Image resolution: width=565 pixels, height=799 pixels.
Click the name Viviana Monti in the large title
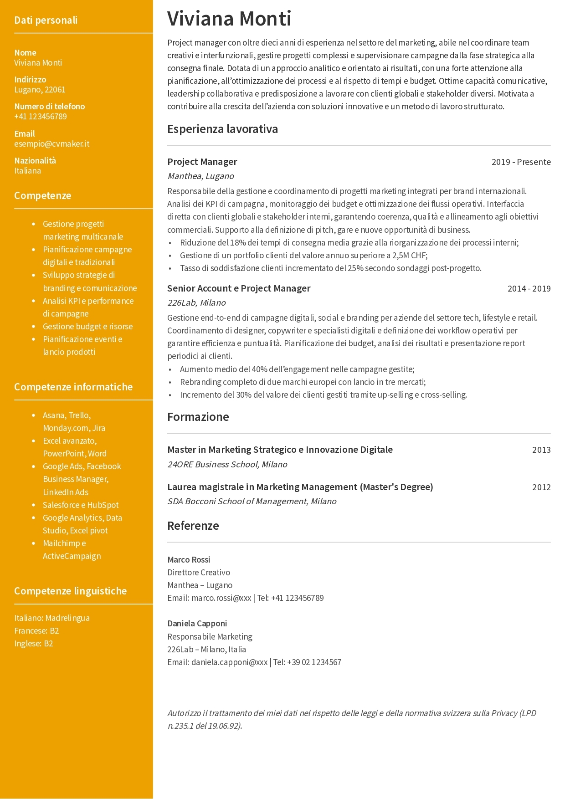click(229, 19)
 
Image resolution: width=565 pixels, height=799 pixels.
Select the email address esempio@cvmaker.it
click(51, 144)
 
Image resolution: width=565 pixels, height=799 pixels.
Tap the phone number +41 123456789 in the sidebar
click(41, 117)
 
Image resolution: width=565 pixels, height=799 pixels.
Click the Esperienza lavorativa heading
click(222, 129)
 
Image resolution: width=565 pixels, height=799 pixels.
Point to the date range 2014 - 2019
click(529, 289)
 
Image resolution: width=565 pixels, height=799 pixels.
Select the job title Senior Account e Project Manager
click(239, 288)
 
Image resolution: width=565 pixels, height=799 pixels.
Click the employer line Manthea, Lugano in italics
click(200, 176)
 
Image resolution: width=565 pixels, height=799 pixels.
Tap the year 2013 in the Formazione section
click(541, 450)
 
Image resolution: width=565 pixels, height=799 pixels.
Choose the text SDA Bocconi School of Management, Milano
click(252, 502)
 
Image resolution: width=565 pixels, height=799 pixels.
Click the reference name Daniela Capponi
click(197, 624)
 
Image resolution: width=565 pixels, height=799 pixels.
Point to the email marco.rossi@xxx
click(221, 598)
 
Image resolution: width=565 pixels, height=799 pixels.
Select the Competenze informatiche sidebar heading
click(73, 387)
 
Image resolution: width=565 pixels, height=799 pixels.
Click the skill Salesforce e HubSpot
click(81, 505)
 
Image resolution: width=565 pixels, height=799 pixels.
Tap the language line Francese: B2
click(36, 631)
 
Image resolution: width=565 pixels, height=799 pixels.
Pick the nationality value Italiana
click(27, 171)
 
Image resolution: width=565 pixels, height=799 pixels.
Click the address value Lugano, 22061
click(40, 90)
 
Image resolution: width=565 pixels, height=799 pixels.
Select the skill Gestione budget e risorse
click(88, 327)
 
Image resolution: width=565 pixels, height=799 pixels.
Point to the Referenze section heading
click(193, 526)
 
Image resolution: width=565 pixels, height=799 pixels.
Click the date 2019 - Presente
click(521, 162)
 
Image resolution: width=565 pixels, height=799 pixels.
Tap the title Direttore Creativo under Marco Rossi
click(199, 573)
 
